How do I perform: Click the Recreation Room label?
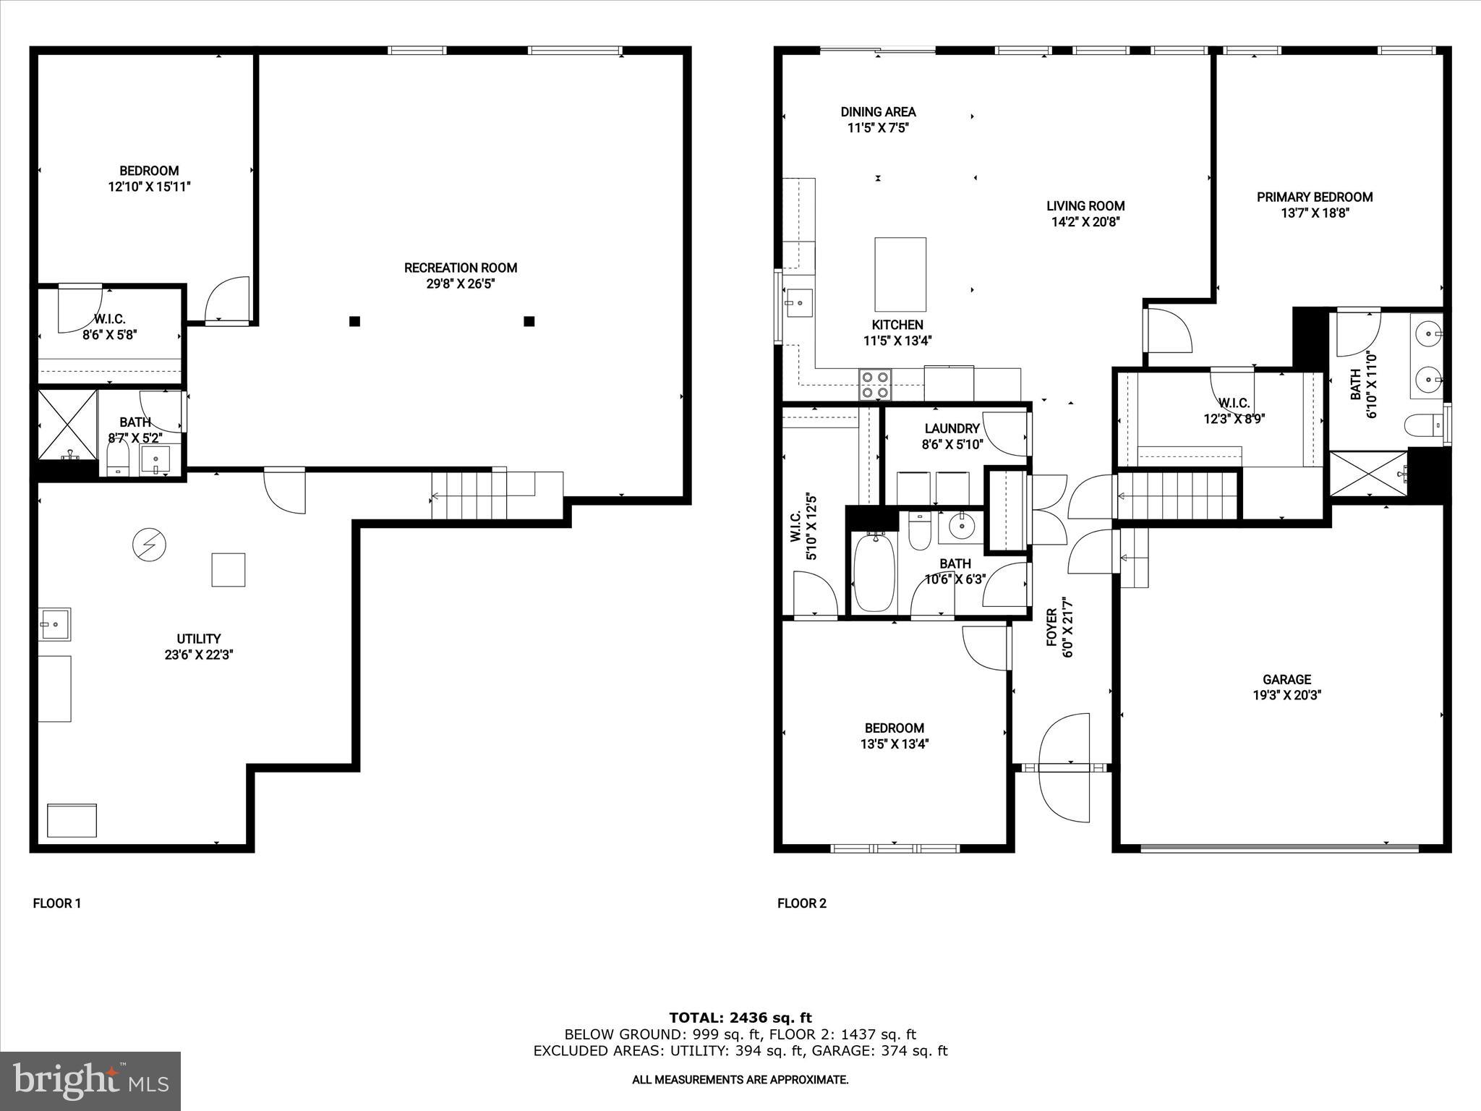click(460, 268)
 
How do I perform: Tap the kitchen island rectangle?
click(900, 274)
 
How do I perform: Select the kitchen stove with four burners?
click(875, 384)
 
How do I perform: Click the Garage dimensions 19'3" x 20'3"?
click(1286, 695)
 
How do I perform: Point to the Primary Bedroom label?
click(1314, 197)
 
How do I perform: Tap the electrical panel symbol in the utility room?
click(150, 544)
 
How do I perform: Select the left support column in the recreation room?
click(354, 321)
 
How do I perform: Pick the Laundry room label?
click(952, 428)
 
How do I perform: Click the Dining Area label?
click(878, 112)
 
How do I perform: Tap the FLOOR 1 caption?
click(57, 903)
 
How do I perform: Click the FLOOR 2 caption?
click(801, 903)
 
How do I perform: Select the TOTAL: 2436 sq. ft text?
click(740, 1018)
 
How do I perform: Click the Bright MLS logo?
click(90, 1081)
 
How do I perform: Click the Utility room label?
click(199, 639)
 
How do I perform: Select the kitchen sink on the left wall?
click(798, 303)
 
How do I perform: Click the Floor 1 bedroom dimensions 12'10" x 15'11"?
click(149, 187)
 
